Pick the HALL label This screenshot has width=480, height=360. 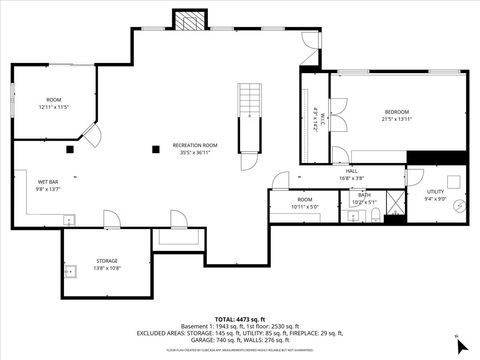click(x=352, y=171)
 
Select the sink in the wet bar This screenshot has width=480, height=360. click(x=69, y=219)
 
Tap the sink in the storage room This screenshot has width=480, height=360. click(x=70, y=270)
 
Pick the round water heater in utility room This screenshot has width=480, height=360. click(x=457, y=207)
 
